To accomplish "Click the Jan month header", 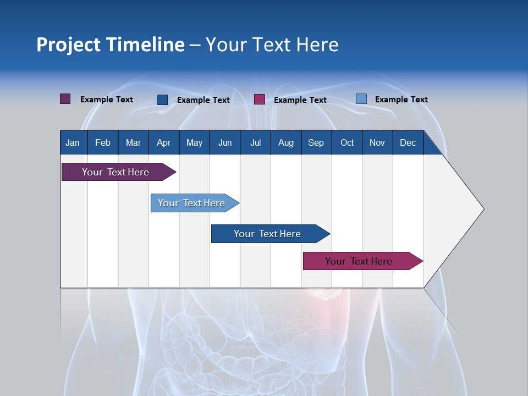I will [73, 142].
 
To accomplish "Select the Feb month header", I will [103, 142].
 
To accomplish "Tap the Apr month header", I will [163, 142].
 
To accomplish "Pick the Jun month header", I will [225, 142].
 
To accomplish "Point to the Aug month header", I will [285, 142].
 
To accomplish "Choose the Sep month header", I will [316, 142].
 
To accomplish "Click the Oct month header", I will [347, 142].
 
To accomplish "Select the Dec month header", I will [408, 142].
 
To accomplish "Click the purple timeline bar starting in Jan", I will [116, 172].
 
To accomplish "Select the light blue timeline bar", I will [191, 203].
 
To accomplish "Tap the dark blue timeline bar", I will [267, 234].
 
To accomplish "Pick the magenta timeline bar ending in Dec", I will [359, 261].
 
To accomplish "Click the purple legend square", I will [65, 99].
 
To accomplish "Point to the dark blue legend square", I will [162, 100].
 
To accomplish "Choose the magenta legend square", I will [260, 100].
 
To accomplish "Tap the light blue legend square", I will [361, 99].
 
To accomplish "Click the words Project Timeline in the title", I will [111, 45].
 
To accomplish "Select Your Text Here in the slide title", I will [272, 45].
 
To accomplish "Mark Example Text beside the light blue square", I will [401, 100].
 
